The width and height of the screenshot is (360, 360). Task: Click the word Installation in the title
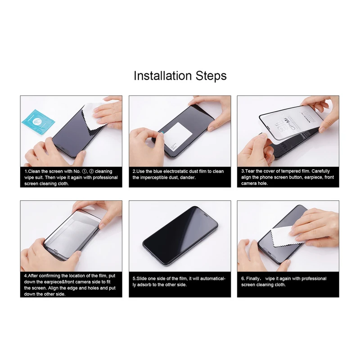click(162, 76)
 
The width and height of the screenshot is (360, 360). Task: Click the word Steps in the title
click(211, 76)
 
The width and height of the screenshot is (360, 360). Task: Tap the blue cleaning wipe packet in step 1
click(39, 121)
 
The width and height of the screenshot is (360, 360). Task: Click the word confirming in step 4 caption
click(49, 276)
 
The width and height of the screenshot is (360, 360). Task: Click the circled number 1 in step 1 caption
click(84, 171)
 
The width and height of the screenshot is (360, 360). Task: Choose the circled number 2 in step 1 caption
click(91, 171)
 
